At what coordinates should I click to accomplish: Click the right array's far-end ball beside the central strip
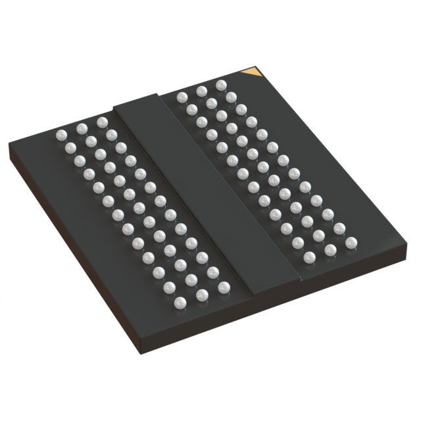[182, 97]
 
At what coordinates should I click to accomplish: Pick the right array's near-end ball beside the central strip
[309, 257]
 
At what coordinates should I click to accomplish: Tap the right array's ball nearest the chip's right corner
[350, 243]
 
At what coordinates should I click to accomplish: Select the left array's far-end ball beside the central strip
[101, 122]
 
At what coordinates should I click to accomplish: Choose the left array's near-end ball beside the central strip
[224, 286]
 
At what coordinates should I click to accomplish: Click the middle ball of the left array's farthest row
[81, 128]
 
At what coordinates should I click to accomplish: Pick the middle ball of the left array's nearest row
[203, 294]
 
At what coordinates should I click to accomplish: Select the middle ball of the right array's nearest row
[330, 250]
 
